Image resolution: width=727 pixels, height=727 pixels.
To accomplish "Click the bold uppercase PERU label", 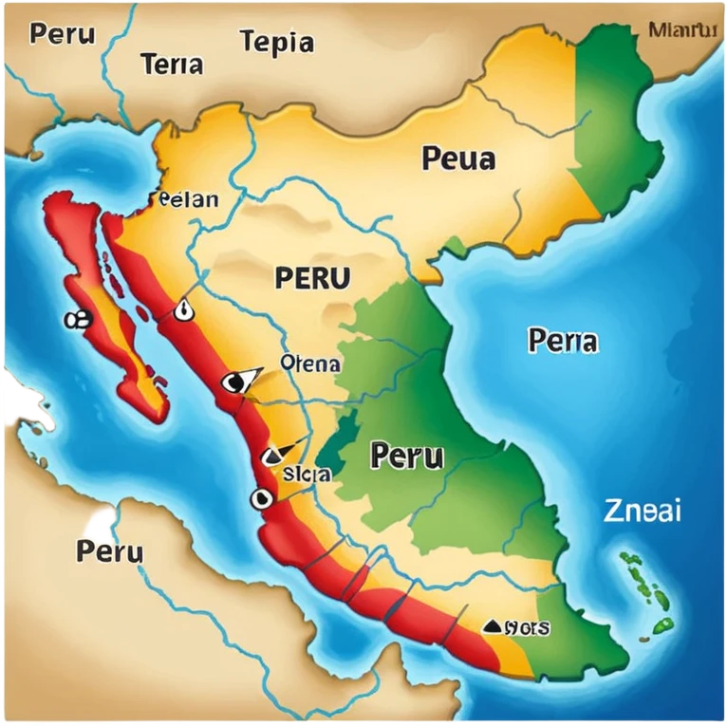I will (x=312, y=278).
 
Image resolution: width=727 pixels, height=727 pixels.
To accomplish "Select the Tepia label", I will (x=276, y=43).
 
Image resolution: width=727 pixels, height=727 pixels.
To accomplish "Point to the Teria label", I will (x=171, y=65).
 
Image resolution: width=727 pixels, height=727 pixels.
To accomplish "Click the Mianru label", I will (x=681, y=29).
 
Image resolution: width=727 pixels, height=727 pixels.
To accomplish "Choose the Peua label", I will (x=458, y=158).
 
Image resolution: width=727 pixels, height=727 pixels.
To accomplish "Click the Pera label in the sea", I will (x=563, y=340).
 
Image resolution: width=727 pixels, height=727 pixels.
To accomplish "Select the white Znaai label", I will (x=643, y=511).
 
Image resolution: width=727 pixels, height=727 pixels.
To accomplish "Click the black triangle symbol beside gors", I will (x=492, y=625).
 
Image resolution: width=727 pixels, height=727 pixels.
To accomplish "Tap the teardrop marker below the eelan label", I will (x=182, y=309).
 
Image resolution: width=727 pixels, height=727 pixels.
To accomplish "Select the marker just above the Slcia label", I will (x=274, y=455).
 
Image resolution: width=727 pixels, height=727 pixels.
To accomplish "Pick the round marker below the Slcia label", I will (x=261, y=497).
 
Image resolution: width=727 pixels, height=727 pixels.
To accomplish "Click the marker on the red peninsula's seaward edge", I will (x=76, y=321).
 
